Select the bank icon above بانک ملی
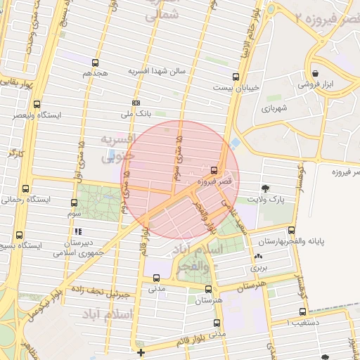point(136,102)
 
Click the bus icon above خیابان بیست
point(233,77)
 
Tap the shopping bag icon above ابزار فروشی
point(314,73)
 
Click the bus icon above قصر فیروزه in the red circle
point(214,169)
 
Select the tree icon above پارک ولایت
point(266,188)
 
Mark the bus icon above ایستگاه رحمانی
point(26,188)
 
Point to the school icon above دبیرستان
point(78,231)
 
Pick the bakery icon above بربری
point(259,257)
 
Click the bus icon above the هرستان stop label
point(208,288)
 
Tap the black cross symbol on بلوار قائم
point(141,352)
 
